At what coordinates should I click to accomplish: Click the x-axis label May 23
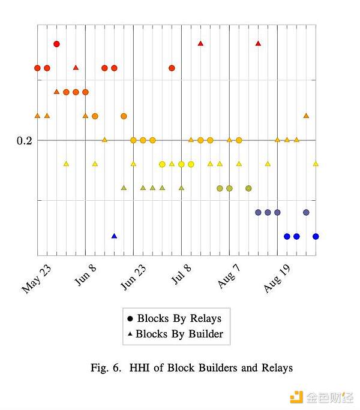(x=37, y=278)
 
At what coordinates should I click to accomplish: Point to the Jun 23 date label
(x=133, y=277)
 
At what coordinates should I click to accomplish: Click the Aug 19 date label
(x=278, y=277)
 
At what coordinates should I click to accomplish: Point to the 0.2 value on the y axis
(x=25, y=141)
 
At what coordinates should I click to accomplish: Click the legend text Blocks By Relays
(x=179, y=318)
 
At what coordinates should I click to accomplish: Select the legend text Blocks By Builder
(x=179, y=334)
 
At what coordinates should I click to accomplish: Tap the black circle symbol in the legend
(x=130, y=319)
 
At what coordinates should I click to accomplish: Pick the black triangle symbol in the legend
(x=130, y=334)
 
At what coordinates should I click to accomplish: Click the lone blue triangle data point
(x=114, y=236)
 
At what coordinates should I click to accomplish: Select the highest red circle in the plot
(x=56, y=44)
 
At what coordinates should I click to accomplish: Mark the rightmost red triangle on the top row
(x=258, y=43)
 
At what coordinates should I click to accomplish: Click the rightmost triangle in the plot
(x=316, y=163)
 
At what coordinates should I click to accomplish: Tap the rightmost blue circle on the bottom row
(x=316, y=236)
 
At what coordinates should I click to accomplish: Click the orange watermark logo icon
(x=296, y=397)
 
